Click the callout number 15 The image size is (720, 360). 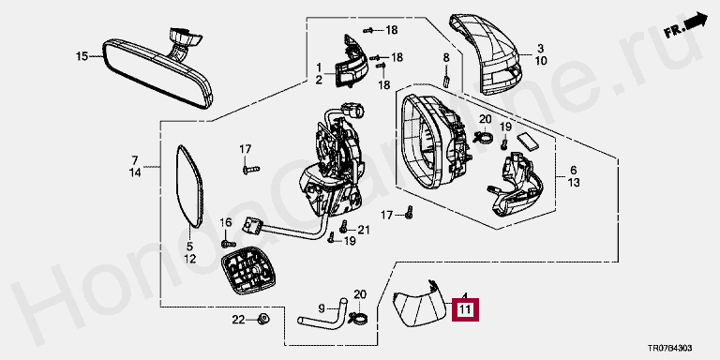82,56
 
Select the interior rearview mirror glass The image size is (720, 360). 157,73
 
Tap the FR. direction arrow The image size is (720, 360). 685,25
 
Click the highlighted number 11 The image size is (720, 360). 465,309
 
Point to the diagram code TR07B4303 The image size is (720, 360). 670,348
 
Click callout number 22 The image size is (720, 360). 239,320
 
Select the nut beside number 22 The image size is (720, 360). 263,318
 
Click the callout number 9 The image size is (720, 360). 321,307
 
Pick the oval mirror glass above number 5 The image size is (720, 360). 189,186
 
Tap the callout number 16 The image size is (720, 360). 226,223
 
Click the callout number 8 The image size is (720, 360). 446,58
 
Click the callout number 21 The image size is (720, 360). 363,230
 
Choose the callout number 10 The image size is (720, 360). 541,60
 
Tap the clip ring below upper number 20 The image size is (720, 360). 483,136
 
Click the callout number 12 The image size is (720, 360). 189,259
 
